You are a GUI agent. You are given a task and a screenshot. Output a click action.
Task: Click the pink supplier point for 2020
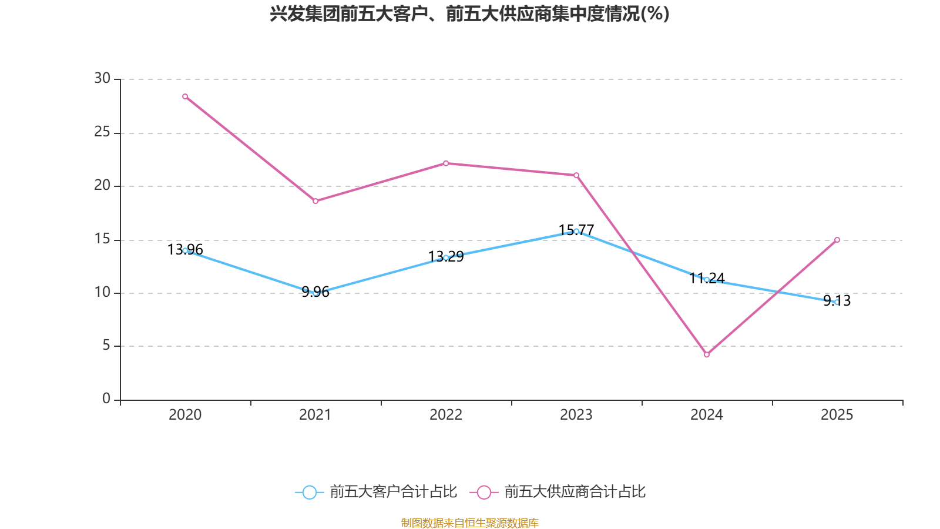[185, 96]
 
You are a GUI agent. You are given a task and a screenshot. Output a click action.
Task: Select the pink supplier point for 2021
[315, 201]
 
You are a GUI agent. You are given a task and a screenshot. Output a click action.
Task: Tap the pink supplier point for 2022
[446, 163]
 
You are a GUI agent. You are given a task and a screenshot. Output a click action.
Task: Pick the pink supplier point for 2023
[576, 175]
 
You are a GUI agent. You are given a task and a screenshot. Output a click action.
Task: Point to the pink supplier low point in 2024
[707, 354]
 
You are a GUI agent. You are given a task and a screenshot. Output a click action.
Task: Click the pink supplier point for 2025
[837, 240]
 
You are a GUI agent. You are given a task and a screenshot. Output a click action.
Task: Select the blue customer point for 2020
[185, 250]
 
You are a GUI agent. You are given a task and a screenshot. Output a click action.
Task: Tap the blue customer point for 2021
[315, 293]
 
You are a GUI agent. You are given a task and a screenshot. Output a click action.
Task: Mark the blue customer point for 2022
[446, 257]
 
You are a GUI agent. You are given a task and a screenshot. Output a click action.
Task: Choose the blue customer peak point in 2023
[576, 231]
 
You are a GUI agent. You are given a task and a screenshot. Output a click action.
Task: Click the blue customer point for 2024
[707, 280]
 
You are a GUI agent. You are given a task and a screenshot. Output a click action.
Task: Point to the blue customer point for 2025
[837, 302]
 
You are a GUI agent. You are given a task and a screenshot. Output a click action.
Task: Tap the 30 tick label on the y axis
[102, 79]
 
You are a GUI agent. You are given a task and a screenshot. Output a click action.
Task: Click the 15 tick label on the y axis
[102, 239]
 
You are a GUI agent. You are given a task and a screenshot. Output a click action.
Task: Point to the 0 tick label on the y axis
[106, 399]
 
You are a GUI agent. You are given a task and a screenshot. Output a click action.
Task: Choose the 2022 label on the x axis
[446, 415]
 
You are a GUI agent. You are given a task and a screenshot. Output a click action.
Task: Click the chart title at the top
[469, 14]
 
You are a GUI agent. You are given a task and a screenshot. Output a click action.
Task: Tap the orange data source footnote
[469, 523]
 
